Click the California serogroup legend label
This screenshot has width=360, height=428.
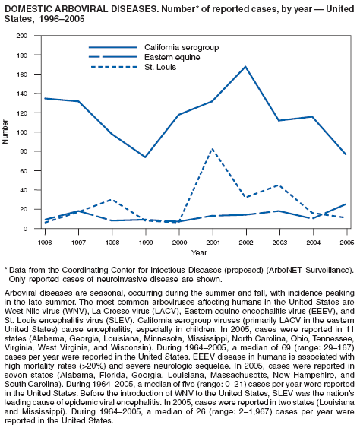point(182,47)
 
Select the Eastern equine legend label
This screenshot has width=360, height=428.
point(172,57)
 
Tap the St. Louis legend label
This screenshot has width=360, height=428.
point(160,67)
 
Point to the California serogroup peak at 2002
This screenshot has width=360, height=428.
point(246,66)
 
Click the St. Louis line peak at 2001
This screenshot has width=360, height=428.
point(213,149)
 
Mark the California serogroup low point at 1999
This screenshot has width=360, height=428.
point(145,157)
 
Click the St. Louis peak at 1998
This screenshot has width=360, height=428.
point(112,199)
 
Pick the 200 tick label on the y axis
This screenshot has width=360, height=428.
point(22,36)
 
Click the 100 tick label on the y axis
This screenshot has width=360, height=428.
point(22,132)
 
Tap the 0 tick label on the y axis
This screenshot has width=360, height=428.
point(25,229)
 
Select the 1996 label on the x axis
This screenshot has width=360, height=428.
point(45,243)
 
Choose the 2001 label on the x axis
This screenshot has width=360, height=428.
point(213,243)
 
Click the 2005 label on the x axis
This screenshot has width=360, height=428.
point(347,243)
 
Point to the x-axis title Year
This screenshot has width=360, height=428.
point(199,252)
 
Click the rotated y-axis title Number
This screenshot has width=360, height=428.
point(5,132)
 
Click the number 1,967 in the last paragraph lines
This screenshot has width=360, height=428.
point(258,411)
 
